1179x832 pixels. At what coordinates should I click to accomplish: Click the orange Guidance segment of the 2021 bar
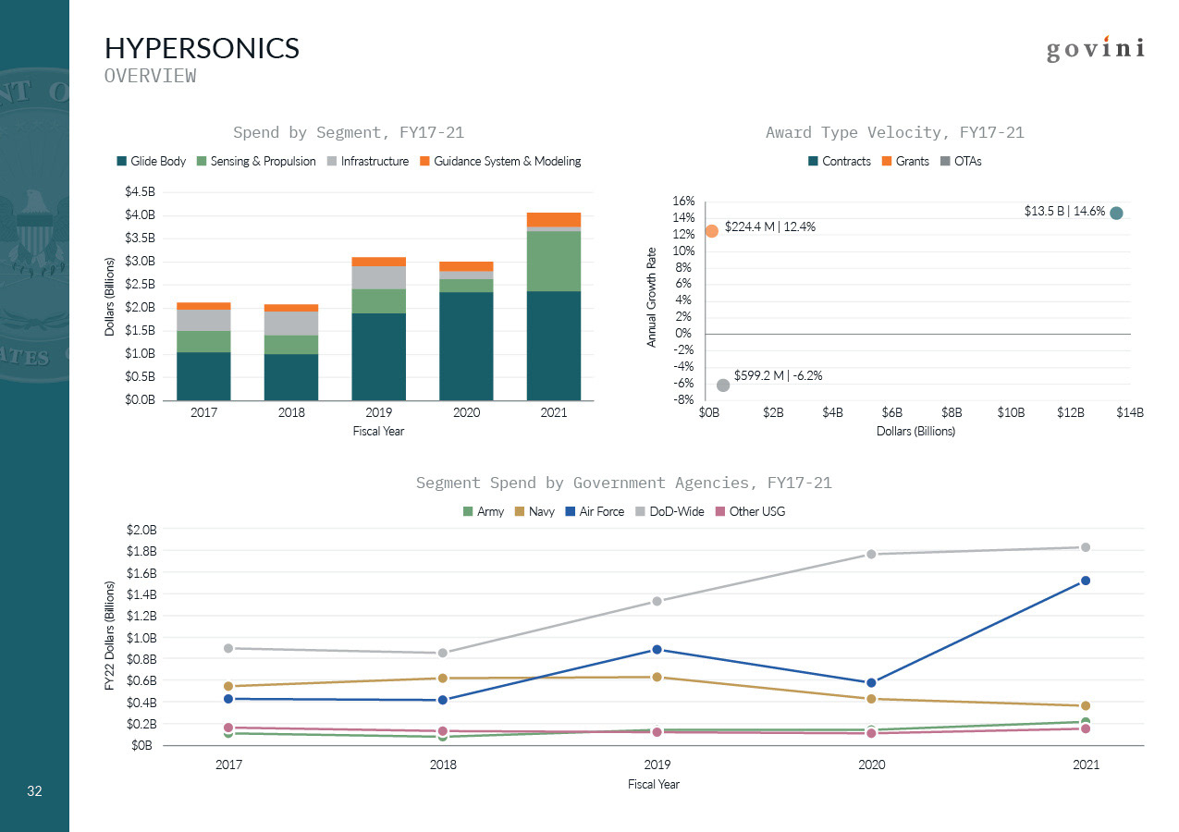553,219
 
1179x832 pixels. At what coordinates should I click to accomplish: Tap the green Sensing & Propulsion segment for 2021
553,261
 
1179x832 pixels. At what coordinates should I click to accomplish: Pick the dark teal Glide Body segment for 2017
203,376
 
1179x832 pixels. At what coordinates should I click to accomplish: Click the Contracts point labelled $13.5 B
1116,213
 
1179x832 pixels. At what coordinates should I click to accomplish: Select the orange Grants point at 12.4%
711,231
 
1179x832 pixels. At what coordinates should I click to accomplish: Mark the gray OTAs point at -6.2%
723,385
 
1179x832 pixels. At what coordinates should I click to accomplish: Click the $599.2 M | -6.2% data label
778,375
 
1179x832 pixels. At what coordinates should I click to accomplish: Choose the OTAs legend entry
961,161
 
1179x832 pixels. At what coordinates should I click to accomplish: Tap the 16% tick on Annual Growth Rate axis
682,201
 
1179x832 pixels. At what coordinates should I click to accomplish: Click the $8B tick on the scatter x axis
952,413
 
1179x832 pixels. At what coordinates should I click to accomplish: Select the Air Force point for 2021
1086,581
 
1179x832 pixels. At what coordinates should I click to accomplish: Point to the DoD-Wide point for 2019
657,601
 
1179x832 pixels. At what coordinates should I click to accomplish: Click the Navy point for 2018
442,679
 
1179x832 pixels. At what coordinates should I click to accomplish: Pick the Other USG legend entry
751,511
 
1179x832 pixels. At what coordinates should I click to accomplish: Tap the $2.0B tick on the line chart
141,530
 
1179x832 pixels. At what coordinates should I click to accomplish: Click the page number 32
35,791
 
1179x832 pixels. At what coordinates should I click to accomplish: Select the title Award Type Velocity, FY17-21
894,132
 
